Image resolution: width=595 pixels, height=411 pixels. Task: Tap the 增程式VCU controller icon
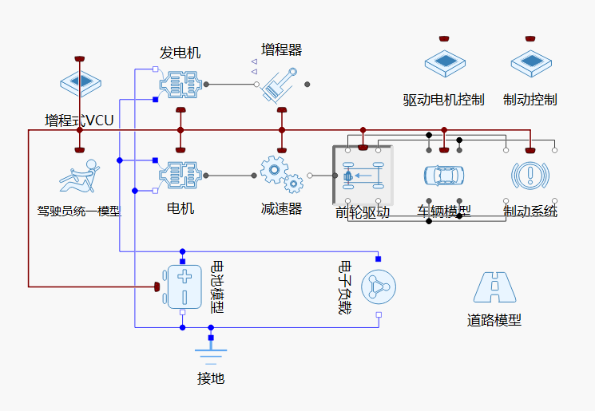(79, 83)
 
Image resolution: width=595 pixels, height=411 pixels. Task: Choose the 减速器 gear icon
(281, 175)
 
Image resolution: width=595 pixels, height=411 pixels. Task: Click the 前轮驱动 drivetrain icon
(363, 175)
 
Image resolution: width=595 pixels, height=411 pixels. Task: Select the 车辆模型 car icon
(444, 175)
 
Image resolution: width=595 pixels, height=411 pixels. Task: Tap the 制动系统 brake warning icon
(530, 175)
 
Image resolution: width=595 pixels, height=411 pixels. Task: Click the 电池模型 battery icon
(184, 287)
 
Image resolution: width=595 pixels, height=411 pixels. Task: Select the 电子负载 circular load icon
(378, 287)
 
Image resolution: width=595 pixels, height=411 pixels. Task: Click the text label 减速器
(281, 209)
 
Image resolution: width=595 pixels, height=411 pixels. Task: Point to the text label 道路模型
(494, 320)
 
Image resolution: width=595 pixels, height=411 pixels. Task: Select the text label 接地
(211, 378)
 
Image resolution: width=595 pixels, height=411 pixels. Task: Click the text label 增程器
(282, 50)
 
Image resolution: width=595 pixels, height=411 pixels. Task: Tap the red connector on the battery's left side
(158, 287)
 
